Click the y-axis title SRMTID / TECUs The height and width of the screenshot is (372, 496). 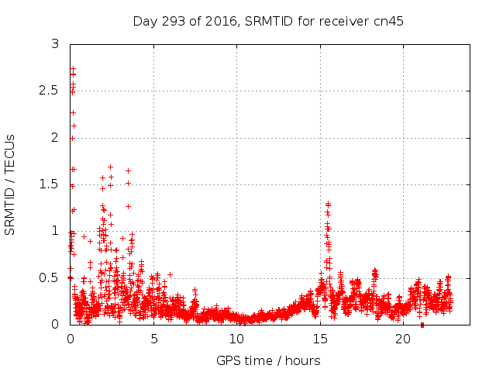click(x=11, y=184)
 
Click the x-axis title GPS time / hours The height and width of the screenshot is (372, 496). click(x=268, y=360)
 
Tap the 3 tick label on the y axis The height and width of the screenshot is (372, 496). click(x=55, y=44)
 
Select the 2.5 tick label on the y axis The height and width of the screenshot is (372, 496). click(x=49, y=91)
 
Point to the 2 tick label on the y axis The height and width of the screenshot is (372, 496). click(x=55, y=137)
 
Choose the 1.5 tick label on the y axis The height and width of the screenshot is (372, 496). click(x=49, y=184)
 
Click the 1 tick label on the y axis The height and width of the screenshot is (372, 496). click(x=55, y=230)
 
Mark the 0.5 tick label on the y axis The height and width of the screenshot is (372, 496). click(x=49, y=277)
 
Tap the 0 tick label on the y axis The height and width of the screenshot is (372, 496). click(x=55, y=324)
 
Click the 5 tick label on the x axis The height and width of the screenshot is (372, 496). click(x=153, y=339)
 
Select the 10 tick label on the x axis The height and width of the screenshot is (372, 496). click(x=236, y=339)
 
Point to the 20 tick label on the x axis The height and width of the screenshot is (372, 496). click(x=403, y=339)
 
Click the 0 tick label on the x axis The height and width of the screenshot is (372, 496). click(x=71, y=339)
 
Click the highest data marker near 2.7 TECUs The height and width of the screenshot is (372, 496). click(x=73, y=68)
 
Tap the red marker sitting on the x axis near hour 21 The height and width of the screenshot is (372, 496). click(x=422, y=325)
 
